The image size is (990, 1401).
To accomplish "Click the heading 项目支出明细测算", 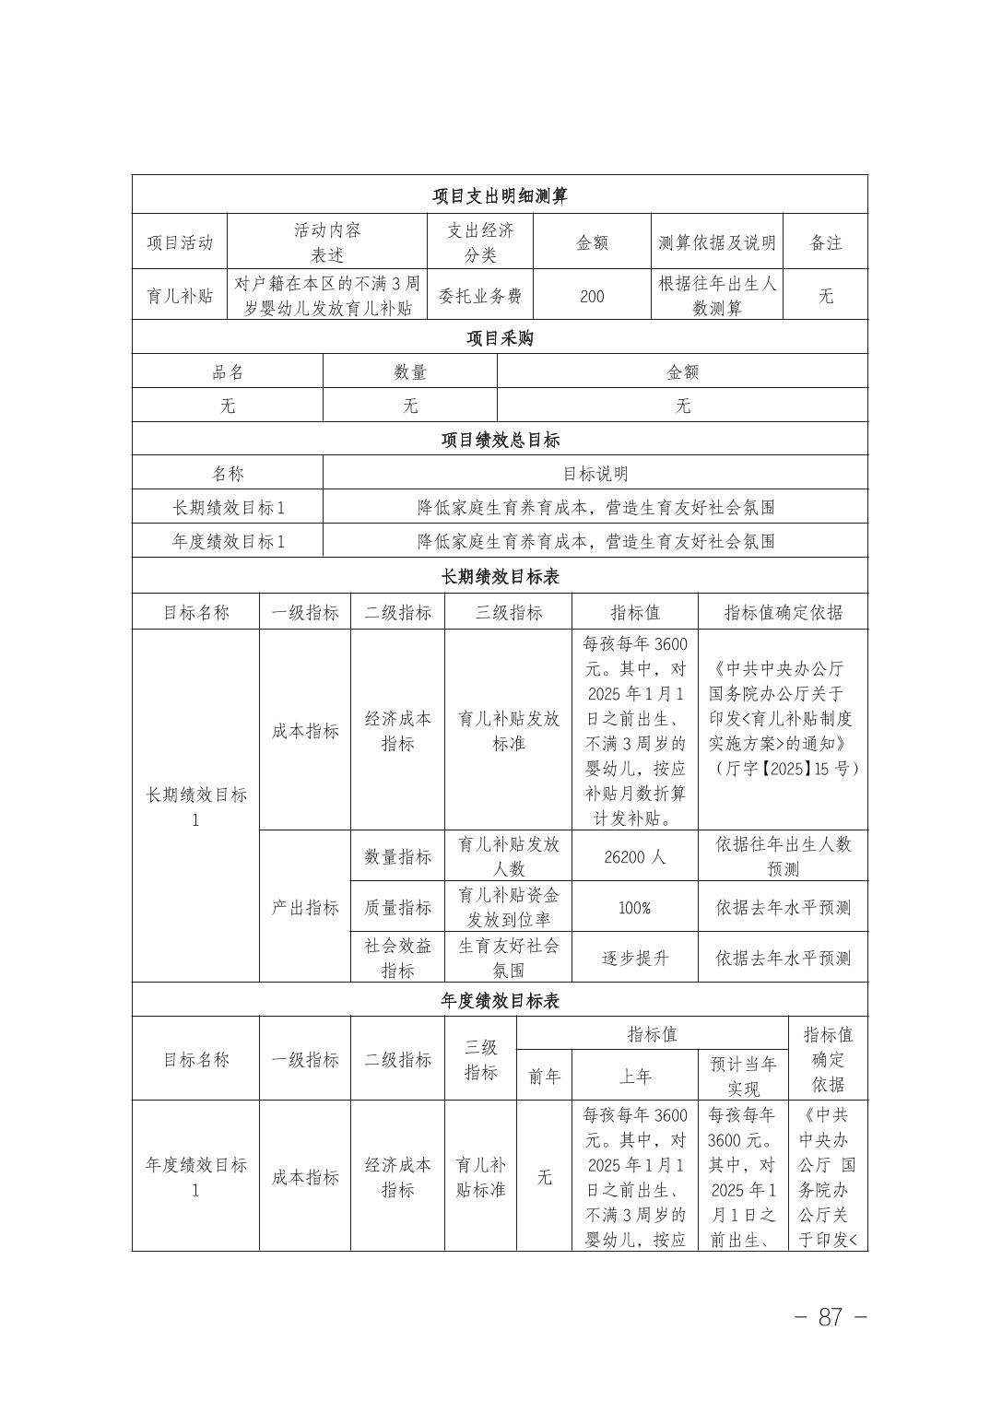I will tap(500, 195).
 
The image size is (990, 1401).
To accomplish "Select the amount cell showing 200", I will tap(592, 296).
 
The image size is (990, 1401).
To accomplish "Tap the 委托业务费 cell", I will tap(479, 296).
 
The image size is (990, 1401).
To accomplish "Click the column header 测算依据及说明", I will tap(717, 242).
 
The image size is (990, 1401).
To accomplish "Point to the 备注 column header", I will tap(826, 242).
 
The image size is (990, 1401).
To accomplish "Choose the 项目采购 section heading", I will tap(500, 338).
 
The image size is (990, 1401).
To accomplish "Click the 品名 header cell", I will tap(228, 371).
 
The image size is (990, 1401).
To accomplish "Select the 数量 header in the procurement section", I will tap(410, 371).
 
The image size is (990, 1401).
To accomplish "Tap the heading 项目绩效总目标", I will tap(500, 440).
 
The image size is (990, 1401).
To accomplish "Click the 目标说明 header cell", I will tap(595, 474).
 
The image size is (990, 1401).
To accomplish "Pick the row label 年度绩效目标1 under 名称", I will tap(228, 541).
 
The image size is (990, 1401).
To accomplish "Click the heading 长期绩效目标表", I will tap(500, 576).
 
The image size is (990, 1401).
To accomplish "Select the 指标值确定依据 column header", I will tap(783, 612).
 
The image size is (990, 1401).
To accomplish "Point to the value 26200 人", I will tap(634, 856).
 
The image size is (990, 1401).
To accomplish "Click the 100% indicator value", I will tap(634, 908).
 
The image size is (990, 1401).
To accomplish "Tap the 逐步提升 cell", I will tap(634, 958).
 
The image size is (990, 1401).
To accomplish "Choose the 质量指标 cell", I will tap(397, 908).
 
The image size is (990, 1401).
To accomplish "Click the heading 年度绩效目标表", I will tap(500, 1000).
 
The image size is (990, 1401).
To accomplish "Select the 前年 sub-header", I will tap(544, 1076).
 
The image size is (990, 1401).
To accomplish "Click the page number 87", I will tap(831, 1317).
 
